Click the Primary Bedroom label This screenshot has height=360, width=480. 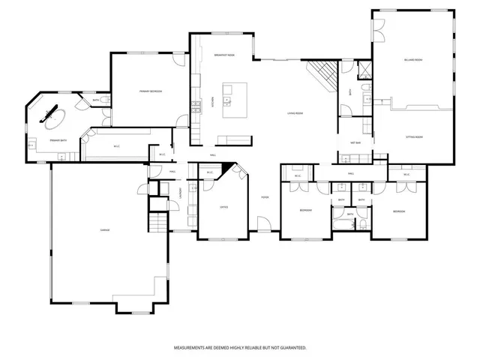pyautogui.click(x=151, y=91)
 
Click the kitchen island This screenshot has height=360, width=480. pyautogui.click(x=237, y=98)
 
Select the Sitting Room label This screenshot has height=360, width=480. pyautogui.click(x=415, y=137)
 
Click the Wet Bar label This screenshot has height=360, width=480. pyautogui.click(x=355, y=142)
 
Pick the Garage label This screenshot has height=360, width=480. pyautogui.click(x=105, y=229)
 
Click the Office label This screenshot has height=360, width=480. pyautogui.click(x=223, y=207)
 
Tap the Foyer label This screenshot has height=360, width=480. pyautogui.click(x=265, y=197)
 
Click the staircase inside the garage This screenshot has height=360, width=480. pyautogui.click(x=157, y=222)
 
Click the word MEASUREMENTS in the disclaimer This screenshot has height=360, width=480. pyautogui.click(x=193, y=348)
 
